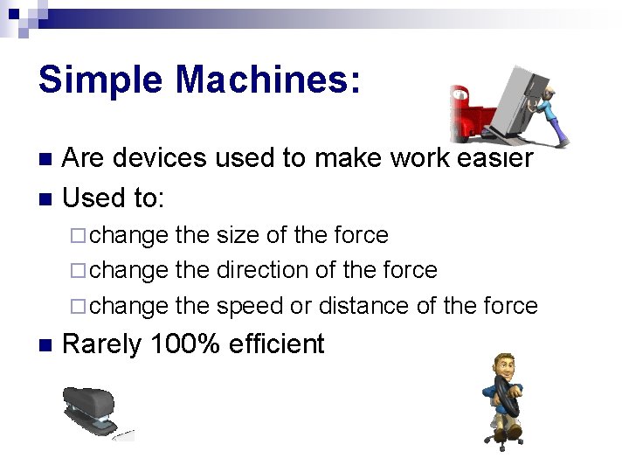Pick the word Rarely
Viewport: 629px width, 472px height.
tap(102, 344)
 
